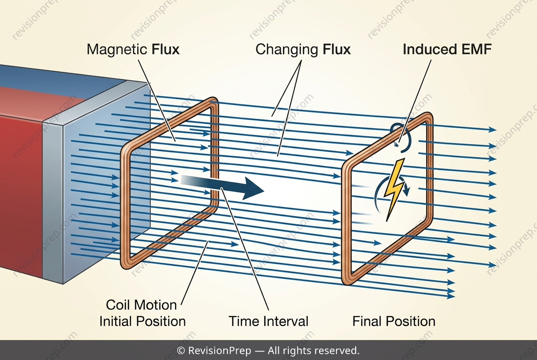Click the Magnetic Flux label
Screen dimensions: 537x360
coord(133,50)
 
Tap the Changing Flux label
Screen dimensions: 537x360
coord(303,50)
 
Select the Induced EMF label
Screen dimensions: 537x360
coord(447,49)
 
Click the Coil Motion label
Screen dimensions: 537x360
coord(141,305)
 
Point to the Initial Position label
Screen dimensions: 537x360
coord(143,321)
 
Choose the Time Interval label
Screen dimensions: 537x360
coord(268,321)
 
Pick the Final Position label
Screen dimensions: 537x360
coord(394,321)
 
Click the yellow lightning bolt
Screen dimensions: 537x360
coord(394,189)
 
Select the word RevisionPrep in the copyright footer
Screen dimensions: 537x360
coord(220,351)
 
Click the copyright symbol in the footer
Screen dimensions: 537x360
coord(181,351)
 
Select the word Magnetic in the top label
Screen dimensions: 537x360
coord(117,50)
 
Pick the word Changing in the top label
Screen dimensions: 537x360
coord(287,50)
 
